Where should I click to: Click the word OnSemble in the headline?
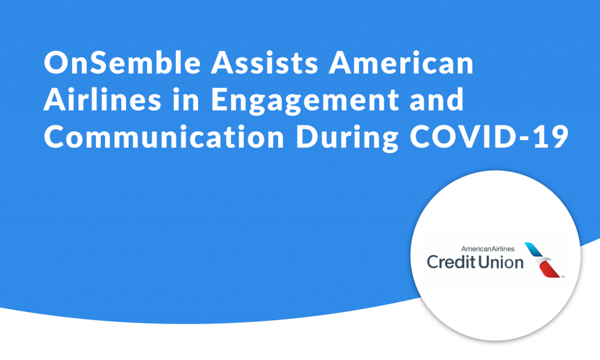point(122,62)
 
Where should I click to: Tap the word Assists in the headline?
point(264,62)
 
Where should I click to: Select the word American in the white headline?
point(401,62)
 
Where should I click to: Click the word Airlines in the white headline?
point(103,99)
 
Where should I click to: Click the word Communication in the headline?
point(164,137)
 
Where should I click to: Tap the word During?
point(347,138)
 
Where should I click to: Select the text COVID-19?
point(489,137)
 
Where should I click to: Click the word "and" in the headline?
point(436,99)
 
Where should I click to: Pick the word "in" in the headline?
point(186,99)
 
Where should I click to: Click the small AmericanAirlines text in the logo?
point(488,249)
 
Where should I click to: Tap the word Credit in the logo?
point(451,262)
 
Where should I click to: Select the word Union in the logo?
point(501,262)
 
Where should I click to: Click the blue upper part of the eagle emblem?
point(534,249)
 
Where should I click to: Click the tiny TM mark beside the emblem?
point(562,277)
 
